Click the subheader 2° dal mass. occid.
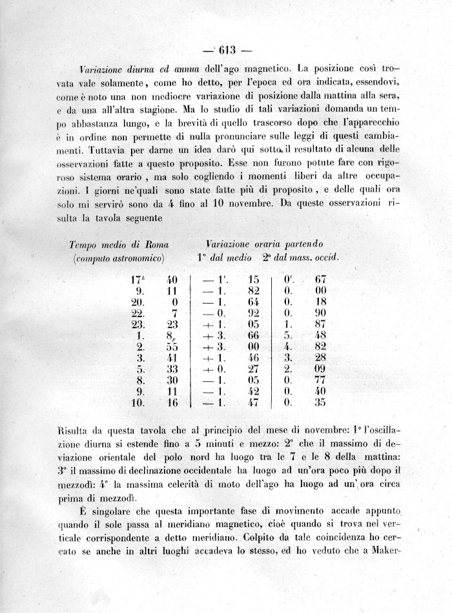[x=300, y=258]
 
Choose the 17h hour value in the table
[x=138, y=280]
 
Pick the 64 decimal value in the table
[x=254, y=302]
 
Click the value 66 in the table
[x=254, y=337]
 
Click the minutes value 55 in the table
[x=170, y=348]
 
